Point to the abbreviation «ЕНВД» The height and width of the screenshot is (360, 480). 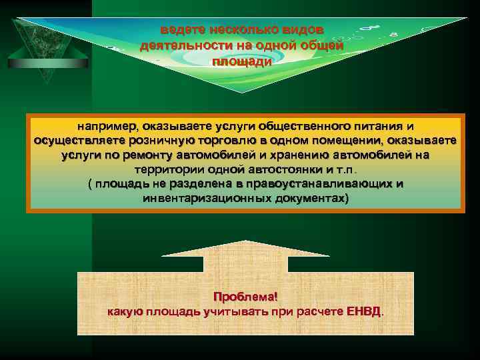pyautogui.click(x=365, y=311)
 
